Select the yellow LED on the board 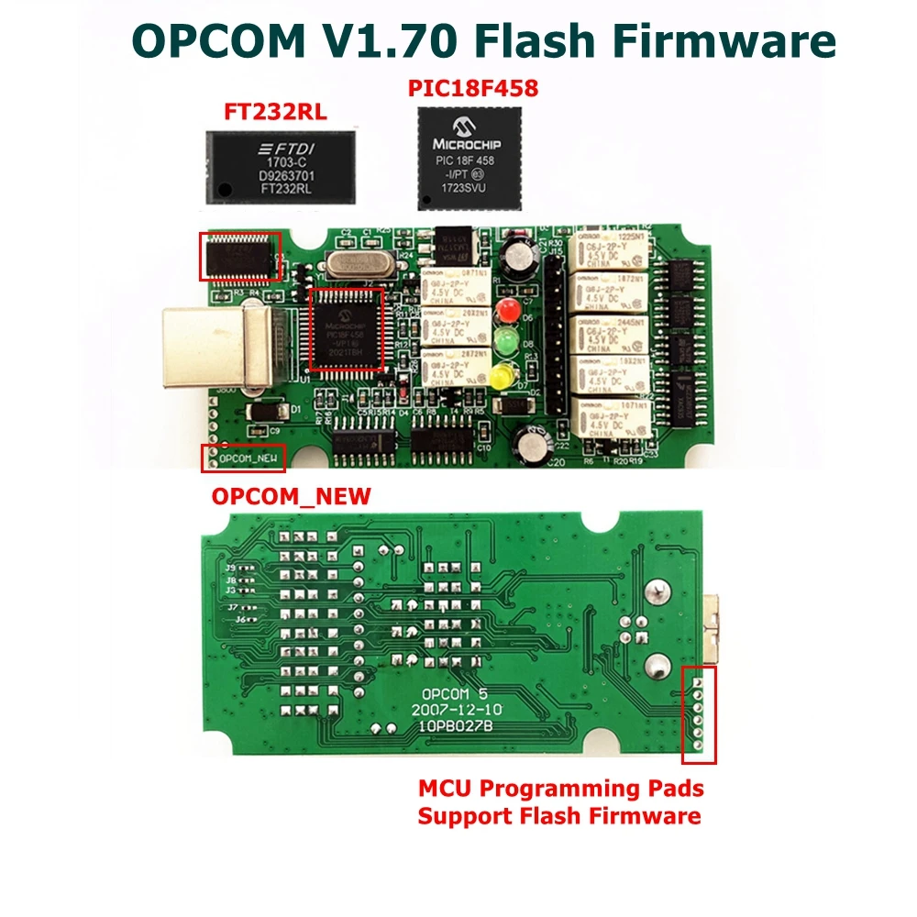click(501, 376)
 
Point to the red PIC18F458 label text click(472, 90)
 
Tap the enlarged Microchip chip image click(469, 158)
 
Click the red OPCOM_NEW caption click(292, 497)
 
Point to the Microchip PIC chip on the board click(347, 328)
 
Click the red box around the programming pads click(700, 714)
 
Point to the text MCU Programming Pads click(561, 788)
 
